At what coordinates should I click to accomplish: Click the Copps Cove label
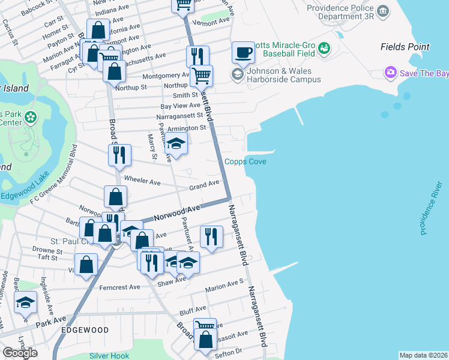click(x=245, y=161)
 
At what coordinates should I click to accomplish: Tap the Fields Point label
click(x=405, y=47)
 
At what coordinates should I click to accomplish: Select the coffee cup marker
click(x=243, y=53)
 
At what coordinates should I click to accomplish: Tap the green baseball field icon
click(x=324, y=47)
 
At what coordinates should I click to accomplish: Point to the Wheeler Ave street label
click(x=142, y=179)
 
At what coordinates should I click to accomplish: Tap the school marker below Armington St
click(x=176, y=144)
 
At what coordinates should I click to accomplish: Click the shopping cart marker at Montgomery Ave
click(x=202, y=76)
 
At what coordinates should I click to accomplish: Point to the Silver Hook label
click(x=109, y=356)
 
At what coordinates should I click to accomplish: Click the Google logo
click(x=20, y=353)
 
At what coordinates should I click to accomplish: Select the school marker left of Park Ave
click(x=26, y=304)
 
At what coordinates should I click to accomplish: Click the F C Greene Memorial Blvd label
click(x=55, y=174)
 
